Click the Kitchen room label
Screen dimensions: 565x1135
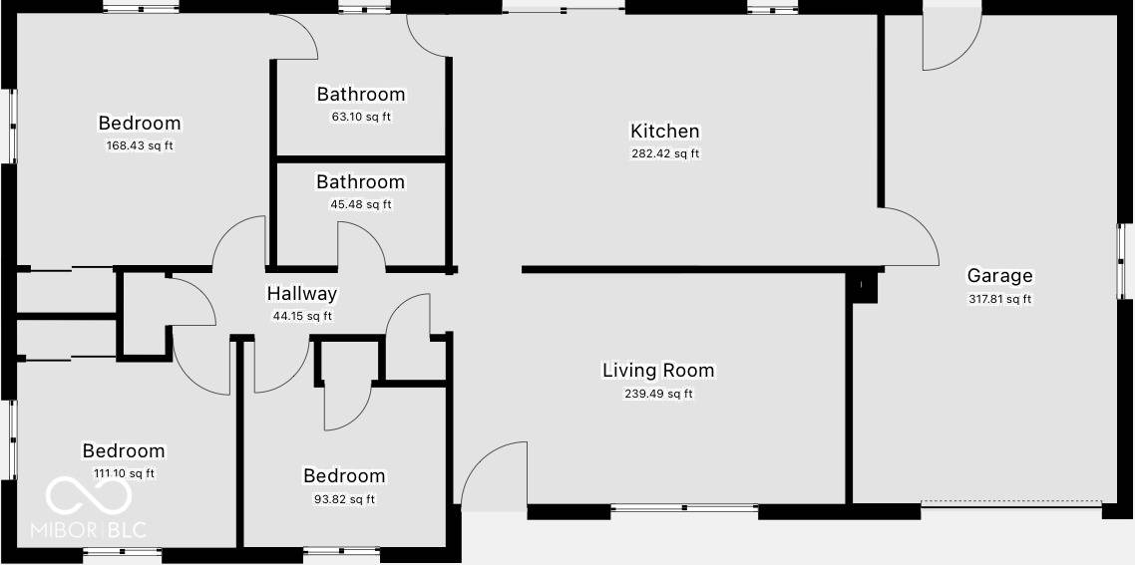pos(664,131)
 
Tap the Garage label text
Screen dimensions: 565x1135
pos(999,276)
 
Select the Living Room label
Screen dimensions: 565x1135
pos(658,371)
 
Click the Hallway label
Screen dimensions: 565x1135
pos(301,294)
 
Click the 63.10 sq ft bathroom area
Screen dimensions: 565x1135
pos(361,117)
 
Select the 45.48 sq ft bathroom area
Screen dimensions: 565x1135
pos(361,204)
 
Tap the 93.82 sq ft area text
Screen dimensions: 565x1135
pos(344,499)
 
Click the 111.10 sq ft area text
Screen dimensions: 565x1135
pos(124,474)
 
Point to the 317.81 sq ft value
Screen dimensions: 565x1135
pos(999,299)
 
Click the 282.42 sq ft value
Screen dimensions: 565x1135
pos(664,153)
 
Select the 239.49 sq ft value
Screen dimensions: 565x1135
pos(658,394)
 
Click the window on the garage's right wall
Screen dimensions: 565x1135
pos(1123,261)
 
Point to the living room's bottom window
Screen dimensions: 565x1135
pos(684,509)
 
